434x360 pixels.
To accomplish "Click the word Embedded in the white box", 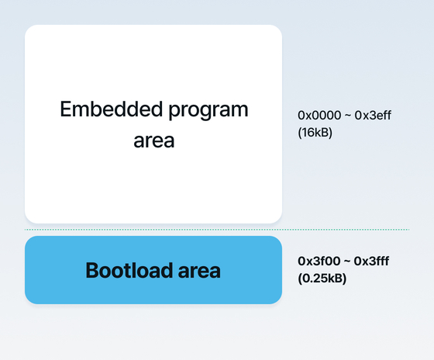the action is [x=112, y=109].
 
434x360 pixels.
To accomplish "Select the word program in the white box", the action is [x=208, y=112].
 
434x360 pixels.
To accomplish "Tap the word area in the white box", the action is [x=154, y=140].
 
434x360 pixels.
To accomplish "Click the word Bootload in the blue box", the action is [x=129, y=270].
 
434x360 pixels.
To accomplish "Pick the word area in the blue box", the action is [x=199, y=272].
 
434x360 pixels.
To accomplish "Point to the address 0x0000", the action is [x=319, y=116].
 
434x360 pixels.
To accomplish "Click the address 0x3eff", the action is [x=373, y=115].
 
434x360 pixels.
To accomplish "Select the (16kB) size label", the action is [x=315, y=133].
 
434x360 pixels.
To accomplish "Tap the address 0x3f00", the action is [x=319, y=261].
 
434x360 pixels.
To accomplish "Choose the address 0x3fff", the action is [x=371, y=261].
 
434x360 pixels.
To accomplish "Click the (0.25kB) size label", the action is [x=322, y=279].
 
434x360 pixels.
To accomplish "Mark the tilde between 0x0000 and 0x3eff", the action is [x=348, y=116].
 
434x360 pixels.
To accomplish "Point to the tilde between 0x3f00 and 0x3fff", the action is [x=347, y=262].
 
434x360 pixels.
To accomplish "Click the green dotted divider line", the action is [x=217, y=230].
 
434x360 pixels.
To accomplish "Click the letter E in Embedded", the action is [x=66, y=109].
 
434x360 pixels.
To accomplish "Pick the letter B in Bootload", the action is [x=92, y=270].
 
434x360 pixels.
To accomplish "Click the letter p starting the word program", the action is [x=174, y=113].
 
